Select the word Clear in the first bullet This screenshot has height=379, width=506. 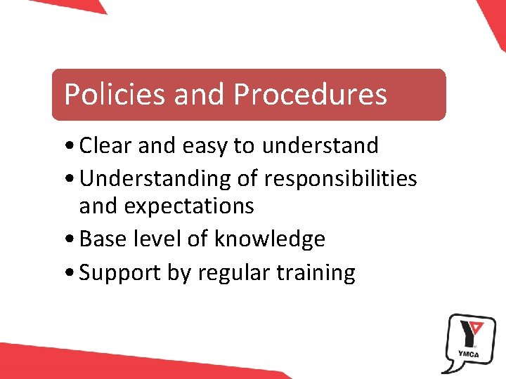pos(107,146)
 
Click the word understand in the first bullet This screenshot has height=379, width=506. pos(320,146)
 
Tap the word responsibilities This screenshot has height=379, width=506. pos(340,179)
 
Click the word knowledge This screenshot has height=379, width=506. pos(269,239)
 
